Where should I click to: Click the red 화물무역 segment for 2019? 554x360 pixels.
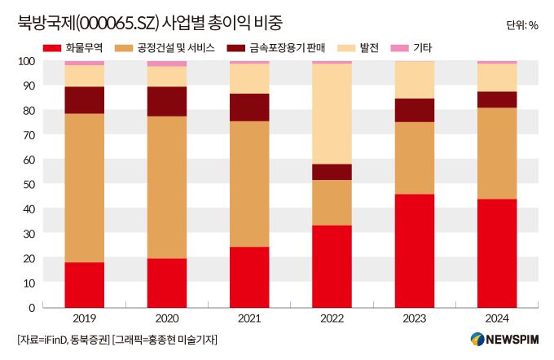[85, 284]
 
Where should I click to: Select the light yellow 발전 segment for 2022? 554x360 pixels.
[332, 113]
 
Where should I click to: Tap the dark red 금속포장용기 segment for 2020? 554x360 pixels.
[167, 101]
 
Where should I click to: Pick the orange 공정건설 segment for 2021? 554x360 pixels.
[249, 184]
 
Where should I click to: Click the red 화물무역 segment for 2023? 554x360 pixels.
[414, 250]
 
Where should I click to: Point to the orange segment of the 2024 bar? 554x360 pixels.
[496, 153]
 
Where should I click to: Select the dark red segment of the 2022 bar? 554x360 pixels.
[332, 172]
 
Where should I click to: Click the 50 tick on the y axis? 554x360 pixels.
[29, 184]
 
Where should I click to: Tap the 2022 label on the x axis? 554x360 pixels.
[332, 320]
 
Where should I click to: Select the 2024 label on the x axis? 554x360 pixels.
[496, 320]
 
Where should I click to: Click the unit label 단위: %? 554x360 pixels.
[521, 25]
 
